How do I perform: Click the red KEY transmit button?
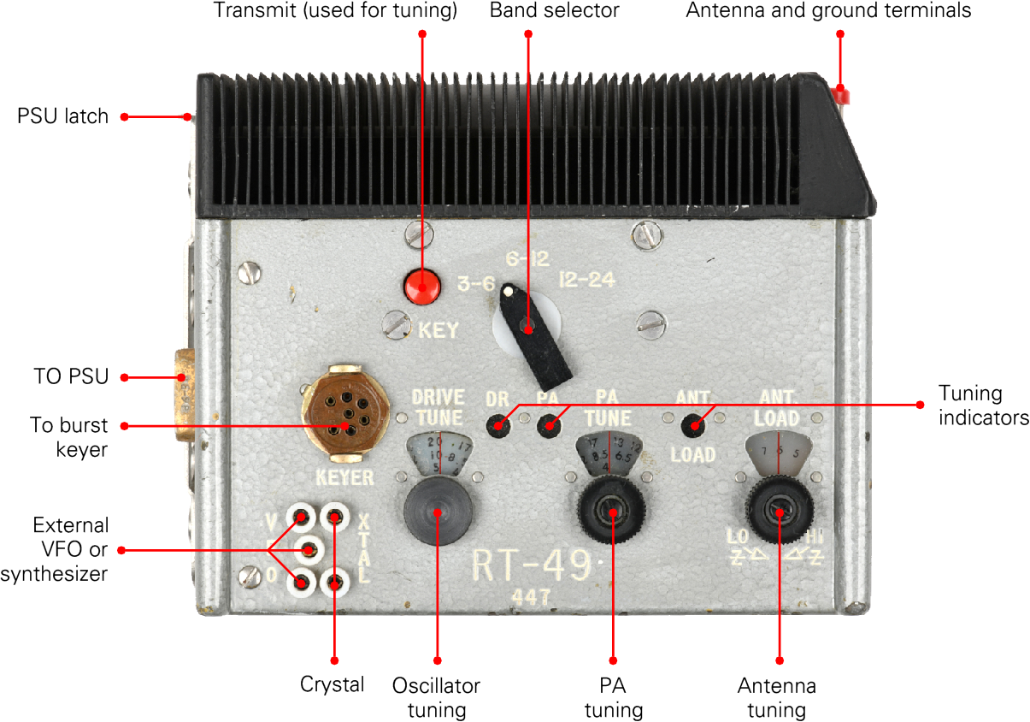421,287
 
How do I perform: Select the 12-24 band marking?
586,280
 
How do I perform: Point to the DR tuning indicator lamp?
495,424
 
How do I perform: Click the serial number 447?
531,597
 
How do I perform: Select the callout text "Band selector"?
554,11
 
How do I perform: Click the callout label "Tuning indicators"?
984,405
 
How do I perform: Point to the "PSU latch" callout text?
62,116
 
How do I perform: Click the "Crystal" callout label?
333,684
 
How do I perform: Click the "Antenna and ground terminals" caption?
828,11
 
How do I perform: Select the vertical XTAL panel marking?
364,547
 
